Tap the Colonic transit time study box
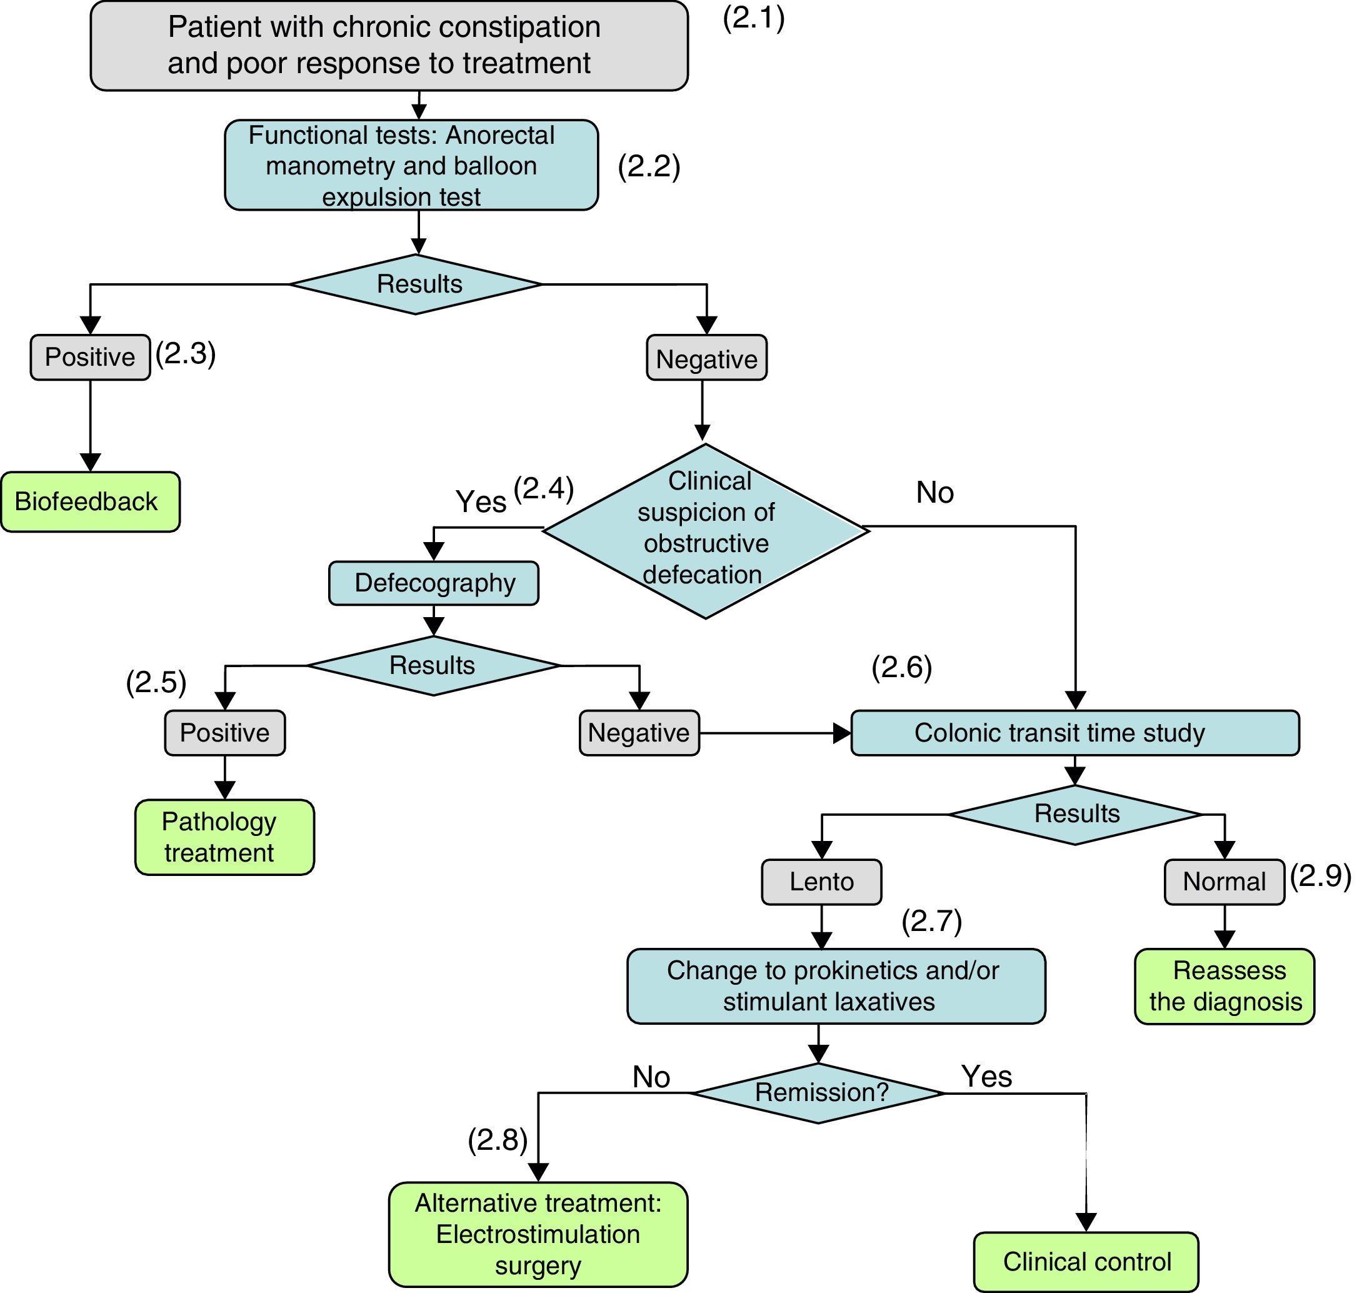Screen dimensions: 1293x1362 (x=1074, y=733)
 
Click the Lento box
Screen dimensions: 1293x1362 (x=821, y=882)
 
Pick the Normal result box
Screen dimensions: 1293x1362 (x=1224, y=882)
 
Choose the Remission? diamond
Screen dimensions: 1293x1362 (x=818, y=1092)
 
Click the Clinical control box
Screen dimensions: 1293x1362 (x=1086, y=1261)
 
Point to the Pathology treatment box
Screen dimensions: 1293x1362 (x=224, y=837)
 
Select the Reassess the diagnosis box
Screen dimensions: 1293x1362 (x=1224, y=986)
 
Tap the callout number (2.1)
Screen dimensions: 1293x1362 (x=754, y=19)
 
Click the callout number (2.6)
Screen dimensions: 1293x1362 (x=902, y=667)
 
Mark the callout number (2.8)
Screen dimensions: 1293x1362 (x=498, y=1140)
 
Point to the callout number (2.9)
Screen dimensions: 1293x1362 (x=1321, y=875)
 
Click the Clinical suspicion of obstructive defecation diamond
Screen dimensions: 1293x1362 (x=706, y=530)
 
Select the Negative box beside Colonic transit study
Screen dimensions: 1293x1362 (x=639, y=733)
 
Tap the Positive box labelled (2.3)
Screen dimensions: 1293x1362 (x=90, y=357)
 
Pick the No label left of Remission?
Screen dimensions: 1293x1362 (x=651, y=1077)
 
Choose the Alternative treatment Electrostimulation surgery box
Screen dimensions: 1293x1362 (x=538, y=1234)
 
